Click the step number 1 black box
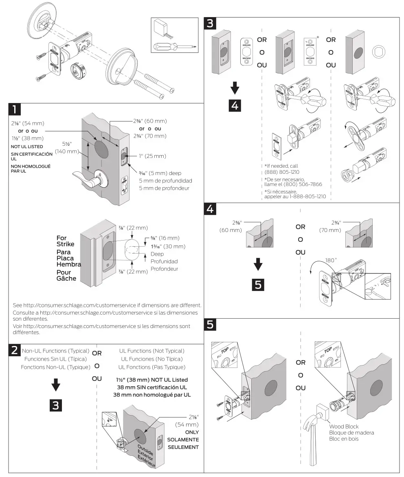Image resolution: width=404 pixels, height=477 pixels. click(14, 109)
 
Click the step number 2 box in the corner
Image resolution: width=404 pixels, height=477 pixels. click(14, 350)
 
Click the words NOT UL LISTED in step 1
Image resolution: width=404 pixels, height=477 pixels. click(26, 147)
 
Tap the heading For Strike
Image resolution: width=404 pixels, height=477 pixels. click(65, 241)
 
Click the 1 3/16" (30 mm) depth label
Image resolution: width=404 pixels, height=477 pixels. click(168, 246)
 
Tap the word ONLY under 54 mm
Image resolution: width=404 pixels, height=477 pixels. click(192, 432)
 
